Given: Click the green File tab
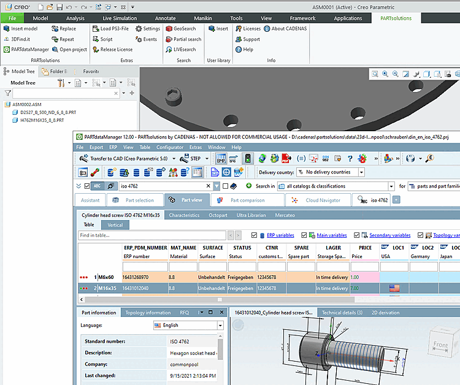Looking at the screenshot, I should [12, 18].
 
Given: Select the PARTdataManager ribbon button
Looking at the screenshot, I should [26, 50].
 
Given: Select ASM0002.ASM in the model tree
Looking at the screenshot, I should [27, 104].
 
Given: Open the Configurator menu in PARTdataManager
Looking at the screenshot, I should [169, 147].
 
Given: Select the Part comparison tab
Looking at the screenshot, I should [243, 200].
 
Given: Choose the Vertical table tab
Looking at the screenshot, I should [115, 225].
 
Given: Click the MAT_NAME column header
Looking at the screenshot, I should [183, 248].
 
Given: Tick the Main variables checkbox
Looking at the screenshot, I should [312, 235].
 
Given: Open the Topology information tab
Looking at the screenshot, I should [148, 313].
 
